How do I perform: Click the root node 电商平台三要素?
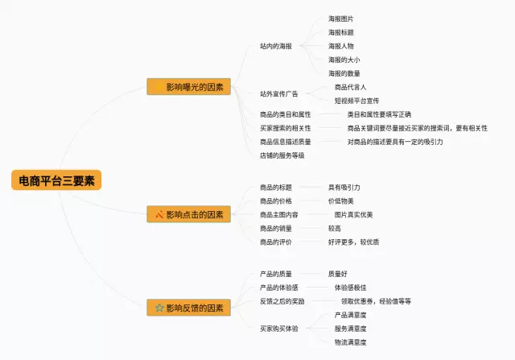pos(56,180)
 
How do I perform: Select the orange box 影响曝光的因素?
pos(188,87)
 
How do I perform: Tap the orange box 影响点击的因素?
pos(188,214)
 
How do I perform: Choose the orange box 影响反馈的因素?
pos(188,308)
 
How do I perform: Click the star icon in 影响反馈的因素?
pos(159,308)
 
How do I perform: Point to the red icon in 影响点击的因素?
pos(159,214)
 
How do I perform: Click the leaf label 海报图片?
pos(341,19)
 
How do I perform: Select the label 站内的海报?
pos(276,46)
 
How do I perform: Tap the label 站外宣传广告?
pos(279,93)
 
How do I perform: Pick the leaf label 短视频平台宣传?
pos(356,101)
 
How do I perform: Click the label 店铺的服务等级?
pos(282,155)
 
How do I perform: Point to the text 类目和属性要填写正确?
pos(379,114)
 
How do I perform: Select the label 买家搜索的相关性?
pos(286,128)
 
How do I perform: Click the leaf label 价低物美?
pos(341,201)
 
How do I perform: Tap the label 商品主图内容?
pos(279,215)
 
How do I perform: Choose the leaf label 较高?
pos(335,228)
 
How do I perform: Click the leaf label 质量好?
pos(338,274)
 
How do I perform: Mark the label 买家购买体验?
pos(279,329)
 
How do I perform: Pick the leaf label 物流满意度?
pos(351,342)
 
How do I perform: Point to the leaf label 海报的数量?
pos(344,73)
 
